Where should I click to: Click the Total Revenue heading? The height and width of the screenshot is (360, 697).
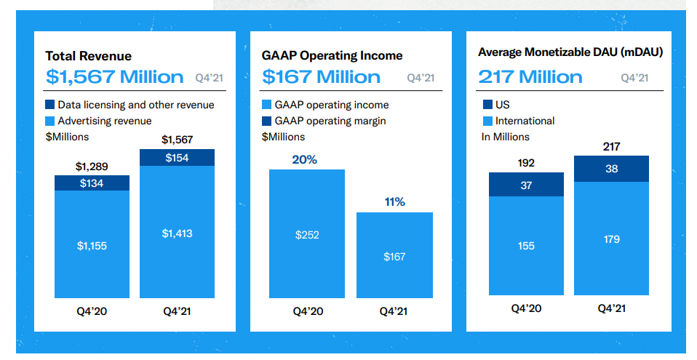coord(89,56)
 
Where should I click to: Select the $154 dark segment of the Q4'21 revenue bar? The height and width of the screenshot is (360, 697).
coord(177,158)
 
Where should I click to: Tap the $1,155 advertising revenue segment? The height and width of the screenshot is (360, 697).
coord(92,244)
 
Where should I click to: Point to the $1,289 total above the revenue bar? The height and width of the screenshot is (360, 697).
coord(92,167)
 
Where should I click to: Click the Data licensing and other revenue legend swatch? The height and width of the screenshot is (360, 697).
coord(49,105)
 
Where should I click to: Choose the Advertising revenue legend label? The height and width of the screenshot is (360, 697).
coord(105,121)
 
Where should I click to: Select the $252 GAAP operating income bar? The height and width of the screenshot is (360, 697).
coord(307,233)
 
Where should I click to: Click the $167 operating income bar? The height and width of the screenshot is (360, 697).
coord(394,255)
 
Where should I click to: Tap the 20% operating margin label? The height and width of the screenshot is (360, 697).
coord(305,159)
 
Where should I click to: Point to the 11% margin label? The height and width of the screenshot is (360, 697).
coord(395,202)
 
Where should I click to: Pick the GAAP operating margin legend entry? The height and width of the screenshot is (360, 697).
coord(324,121)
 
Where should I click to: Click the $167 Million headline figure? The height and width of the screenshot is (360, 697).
coord(321,77)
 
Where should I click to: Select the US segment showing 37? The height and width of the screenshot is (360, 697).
coord(526,185)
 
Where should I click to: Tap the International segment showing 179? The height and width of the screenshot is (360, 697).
coord(612,239)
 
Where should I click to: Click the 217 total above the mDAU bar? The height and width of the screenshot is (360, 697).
coord(612,147)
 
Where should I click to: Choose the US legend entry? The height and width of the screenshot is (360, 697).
coord(496,105)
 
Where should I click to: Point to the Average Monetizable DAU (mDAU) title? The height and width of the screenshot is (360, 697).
coord(570,52)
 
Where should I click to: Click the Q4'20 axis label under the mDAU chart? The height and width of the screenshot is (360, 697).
coord(526,308)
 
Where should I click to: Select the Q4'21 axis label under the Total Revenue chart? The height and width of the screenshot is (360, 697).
coord(177,311)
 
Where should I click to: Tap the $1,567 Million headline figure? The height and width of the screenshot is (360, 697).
coord(115,77)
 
